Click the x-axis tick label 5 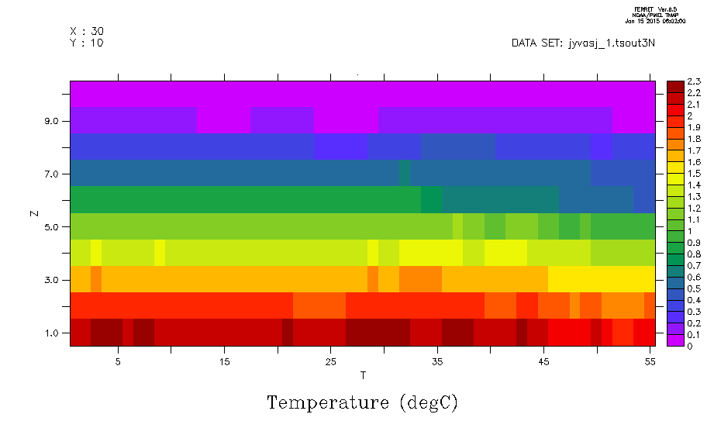118,361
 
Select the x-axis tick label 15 224,361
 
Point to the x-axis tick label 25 330,361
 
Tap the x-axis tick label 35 436,361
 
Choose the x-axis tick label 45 543,361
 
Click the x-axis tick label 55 649,361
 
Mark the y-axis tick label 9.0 56,122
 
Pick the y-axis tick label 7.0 56,174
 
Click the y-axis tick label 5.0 56,227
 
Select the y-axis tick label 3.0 56,280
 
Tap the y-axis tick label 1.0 56,333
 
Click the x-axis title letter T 363,376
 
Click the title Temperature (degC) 363,403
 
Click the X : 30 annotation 87,31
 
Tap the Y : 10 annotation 87,43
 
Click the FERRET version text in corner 660,9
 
